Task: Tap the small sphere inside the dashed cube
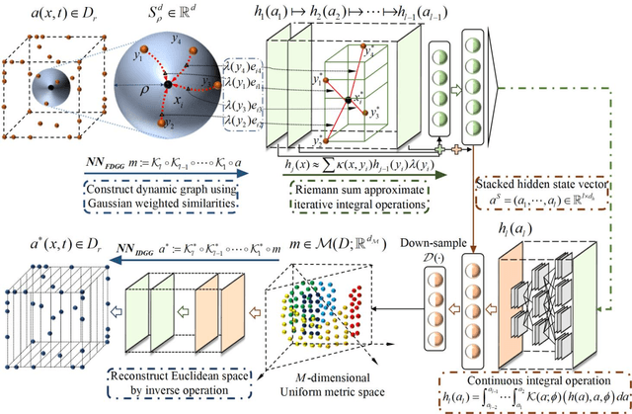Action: [50, 92]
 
